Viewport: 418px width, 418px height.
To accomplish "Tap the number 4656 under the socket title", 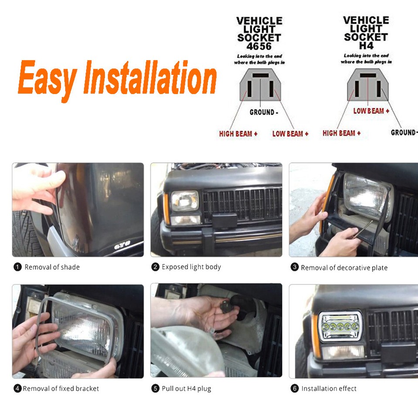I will tap(259, 46).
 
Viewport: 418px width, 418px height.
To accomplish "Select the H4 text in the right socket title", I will tap(366, 46).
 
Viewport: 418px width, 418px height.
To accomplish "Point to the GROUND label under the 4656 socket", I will tap(264, 112).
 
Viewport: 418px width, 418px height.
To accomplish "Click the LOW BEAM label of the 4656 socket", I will tap(290, 134).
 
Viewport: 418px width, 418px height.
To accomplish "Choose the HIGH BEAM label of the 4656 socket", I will tap(238, 134).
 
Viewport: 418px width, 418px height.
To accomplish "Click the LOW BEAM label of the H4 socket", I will tap(371, 111).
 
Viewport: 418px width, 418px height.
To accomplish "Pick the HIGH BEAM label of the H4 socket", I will tap(341, 133).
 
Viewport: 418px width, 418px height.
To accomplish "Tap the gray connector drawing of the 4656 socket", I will tap(260, 86).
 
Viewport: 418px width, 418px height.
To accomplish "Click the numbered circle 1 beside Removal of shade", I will tap(17, 267).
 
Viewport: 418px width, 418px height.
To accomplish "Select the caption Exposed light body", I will tap(191, 267).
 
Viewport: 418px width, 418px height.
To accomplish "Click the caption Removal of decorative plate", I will tap(344, 268).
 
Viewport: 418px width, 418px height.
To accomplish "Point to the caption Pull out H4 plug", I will tap(186, 388).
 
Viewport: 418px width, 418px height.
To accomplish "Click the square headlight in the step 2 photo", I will tap(185, 201).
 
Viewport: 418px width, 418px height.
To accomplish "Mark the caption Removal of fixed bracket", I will tap(61, 388).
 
